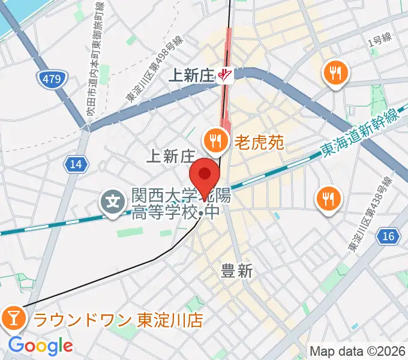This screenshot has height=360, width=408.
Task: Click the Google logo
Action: [x=40, y=346]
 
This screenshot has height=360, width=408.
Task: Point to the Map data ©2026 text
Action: [x=356, y=351]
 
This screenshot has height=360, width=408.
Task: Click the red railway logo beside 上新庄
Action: [x=225, y=75]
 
